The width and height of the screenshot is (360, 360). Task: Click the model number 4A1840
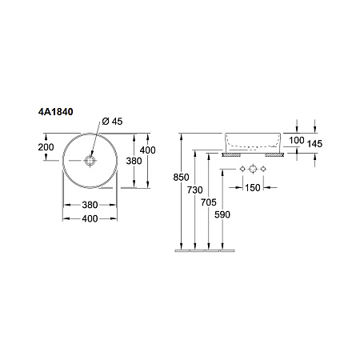click(x=55, y=112)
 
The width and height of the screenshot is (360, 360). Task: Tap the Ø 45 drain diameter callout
click(x=112, y=122)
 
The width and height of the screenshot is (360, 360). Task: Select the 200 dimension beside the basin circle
click(x=46, y=147)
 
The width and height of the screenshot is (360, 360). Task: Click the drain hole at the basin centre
click(x=90, y=161)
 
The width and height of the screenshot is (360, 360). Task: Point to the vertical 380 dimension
click(x=134, y=161)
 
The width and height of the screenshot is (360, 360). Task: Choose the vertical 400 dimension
click(x=148, y=150)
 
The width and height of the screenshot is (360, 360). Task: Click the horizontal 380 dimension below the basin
click(x=90, y=205)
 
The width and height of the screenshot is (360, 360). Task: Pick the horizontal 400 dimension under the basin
click(x=90, y=218)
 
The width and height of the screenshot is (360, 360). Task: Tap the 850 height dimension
click(x=181, y=177)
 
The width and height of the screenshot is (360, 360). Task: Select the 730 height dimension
click(x=195, y=190)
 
